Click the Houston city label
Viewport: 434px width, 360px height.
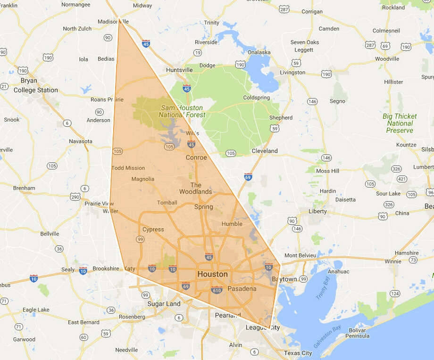(x=212, y=274)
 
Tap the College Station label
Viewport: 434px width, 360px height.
(x=35, y=90)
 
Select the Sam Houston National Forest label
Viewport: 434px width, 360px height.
(x=182, y=111)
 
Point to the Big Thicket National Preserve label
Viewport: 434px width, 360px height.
(x=400, y=123)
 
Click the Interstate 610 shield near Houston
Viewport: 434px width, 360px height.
(x=217, y=289)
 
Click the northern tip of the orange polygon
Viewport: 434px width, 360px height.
(x=118, y=19)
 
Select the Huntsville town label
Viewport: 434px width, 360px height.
(x=179, y=70)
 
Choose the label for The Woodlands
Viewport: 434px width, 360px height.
(x=195, y=188)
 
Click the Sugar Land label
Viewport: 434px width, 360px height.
(x=164, y=304)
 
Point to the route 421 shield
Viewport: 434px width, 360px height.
(x=401, y=179)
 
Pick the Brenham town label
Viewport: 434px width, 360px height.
(x=24, y=188)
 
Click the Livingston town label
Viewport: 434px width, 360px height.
(x=292, y=73)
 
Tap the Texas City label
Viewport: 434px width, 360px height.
(x=298, y=353)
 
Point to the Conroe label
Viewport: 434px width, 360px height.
(x=196, y=157)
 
